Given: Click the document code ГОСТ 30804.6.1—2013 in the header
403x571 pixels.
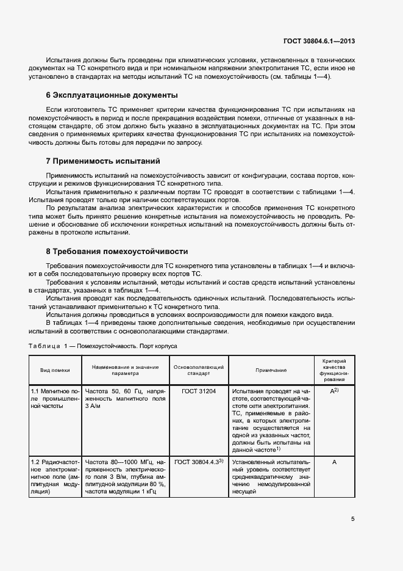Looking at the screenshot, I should (319, 42).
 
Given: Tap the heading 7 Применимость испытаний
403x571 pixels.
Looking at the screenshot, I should (103, 161).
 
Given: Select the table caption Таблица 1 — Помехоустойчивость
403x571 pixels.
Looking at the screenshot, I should (103, 346).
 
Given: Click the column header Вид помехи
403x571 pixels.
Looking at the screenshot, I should (55, 370).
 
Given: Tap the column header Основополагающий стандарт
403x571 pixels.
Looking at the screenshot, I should (199, 370).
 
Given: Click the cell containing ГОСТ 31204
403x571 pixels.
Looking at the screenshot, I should (199, 390).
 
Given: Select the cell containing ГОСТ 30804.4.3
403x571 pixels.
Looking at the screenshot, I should (199, 462).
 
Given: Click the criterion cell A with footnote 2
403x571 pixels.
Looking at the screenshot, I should (334, 390).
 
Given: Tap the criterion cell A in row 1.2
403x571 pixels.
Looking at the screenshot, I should (334, 462).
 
